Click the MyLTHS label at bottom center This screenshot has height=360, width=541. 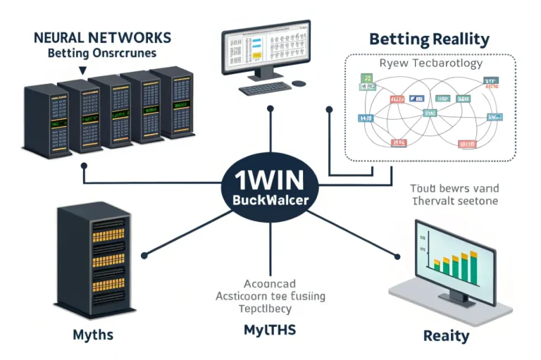269,330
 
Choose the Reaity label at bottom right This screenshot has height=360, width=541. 446,335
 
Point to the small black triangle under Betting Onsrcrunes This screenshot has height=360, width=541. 83,70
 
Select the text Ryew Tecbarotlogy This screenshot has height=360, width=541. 430,63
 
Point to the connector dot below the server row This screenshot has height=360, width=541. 85,166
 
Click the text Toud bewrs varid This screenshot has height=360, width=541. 454,188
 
